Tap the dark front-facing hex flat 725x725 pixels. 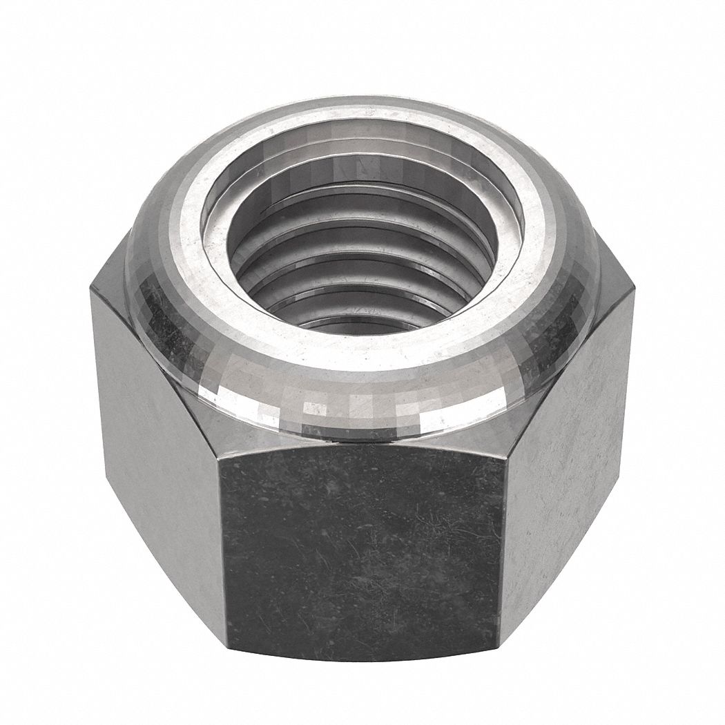[362, 545]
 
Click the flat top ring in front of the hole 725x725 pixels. [362, 356]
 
